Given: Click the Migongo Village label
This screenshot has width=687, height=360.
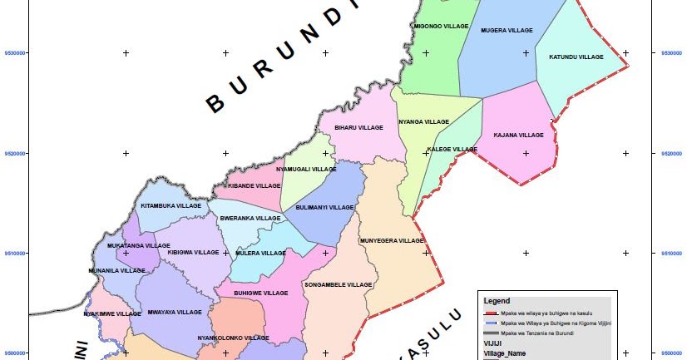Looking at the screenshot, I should click(x=441, y=27).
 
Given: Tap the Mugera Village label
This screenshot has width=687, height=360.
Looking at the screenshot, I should click(x=507, y=31).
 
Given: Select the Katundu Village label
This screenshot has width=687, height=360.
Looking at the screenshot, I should click(x=576, y=57).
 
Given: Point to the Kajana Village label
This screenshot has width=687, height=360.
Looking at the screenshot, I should click(x=518, y=135).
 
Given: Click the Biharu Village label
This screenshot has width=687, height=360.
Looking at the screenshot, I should click(x=358, y=128).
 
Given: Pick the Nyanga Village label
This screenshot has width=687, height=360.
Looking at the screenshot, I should click(x=423, y=122).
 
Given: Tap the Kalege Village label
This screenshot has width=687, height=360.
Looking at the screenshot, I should click(x=452, y=150).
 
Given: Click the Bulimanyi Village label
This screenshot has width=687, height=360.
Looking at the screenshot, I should click(x=325, y=207).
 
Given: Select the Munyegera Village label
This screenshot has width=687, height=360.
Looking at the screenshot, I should click(x=391, y=241).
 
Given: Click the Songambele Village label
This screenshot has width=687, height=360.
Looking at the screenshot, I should click(x=338, y=285).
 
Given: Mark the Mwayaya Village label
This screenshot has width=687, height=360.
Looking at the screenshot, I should click(x=175, y=313).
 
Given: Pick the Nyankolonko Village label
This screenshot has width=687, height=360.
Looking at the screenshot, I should click(x=233, y=338).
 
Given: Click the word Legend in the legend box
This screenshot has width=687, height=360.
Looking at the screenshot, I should click(x=497, y=300).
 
